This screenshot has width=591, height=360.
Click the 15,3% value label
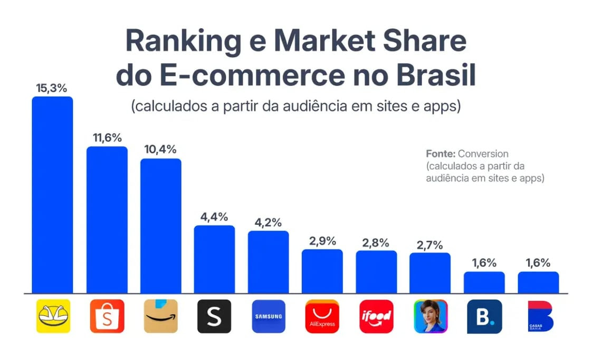52,88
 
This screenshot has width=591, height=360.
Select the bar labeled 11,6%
107,219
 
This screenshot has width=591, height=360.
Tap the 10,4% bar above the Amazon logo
160,225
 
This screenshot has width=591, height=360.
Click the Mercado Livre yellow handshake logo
53,316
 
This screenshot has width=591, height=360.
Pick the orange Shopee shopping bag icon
107,316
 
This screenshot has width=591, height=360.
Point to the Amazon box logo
160,316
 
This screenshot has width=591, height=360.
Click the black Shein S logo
214,316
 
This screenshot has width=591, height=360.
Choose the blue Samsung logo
269,316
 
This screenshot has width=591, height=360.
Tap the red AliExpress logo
322,316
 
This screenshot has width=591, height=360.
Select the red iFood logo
376,316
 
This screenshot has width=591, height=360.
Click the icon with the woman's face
431,316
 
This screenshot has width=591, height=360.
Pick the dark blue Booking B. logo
484,316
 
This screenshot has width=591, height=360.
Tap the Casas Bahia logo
538,316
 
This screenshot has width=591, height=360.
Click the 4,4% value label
214,216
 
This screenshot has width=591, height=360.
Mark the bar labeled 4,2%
269,262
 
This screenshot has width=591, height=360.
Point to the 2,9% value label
322,241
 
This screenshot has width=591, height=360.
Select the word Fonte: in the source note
441,154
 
